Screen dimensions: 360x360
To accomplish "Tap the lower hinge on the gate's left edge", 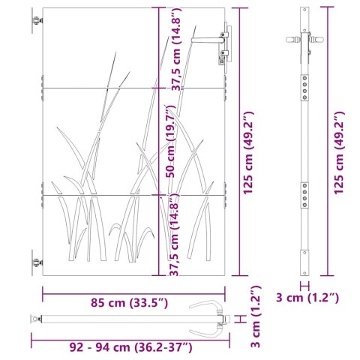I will tap(35, 263).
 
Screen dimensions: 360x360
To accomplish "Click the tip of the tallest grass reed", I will tap(115, 53).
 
